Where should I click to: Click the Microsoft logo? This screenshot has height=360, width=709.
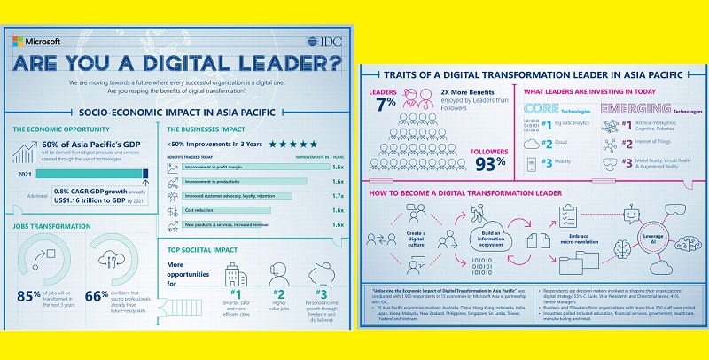[x=36, y=41]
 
